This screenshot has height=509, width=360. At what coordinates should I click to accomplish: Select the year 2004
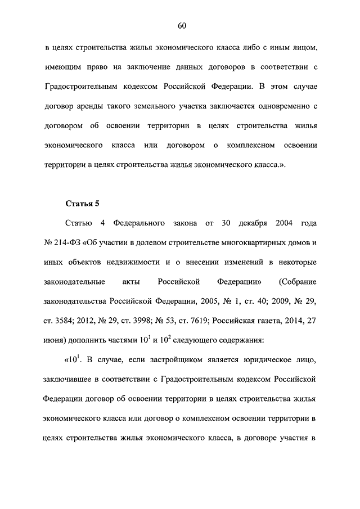pos(285,223)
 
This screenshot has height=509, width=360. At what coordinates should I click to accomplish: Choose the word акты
pos(130,282)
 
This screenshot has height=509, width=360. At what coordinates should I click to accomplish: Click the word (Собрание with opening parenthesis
pos(298,282)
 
